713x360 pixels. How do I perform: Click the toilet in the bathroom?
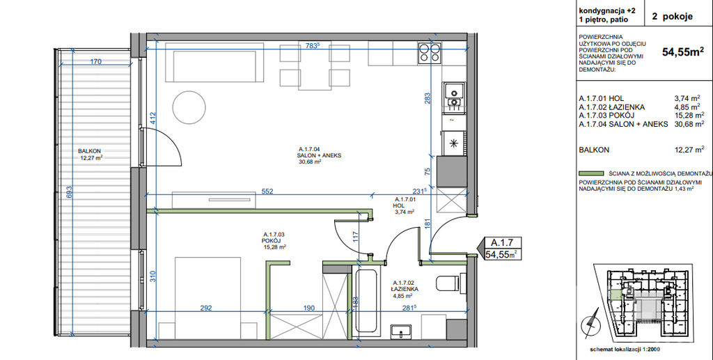coord(451,283)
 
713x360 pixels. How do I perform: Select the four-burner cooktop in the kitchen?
coord(430,52)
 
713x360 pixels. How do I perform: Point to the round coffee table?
coord(189,107)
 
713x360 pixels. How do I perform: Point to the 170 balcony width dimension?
coord(95,61)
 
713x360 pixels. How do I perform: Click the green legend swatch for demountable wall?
coord(590,173)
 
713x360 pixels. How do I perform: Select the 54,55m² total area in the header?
coord(683,52)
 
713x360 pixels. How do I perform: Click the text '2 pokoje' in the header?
coord(672,17)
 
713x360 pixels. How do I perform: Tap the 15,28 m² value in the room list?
coord(689,116)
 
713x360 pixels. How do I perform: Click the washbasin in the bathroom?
coord(400,331)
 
